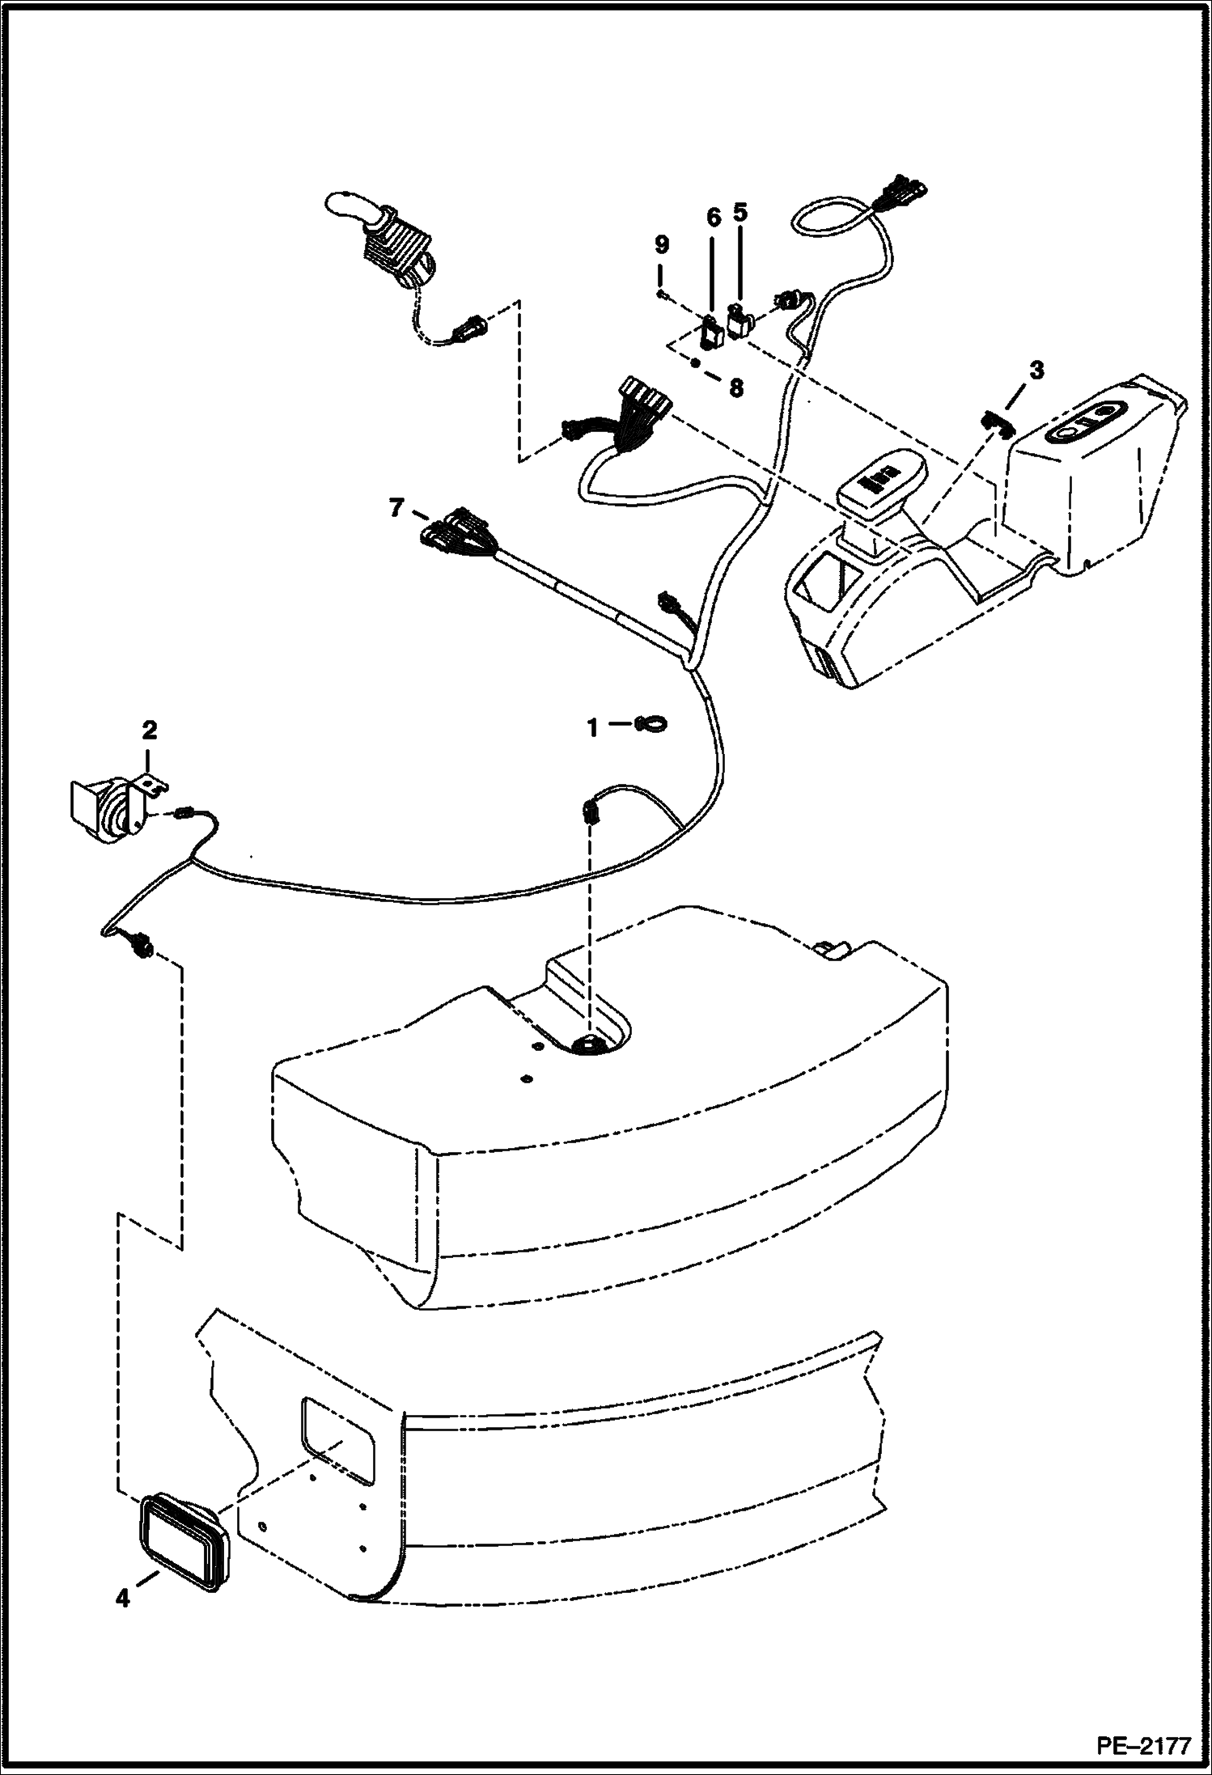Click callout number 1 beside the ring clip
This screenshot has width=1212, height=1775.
tap(593, 728)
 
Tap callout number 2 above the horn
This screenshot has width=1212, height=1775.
tap(149, 731)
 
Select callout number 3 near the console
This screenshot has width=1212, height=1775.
tap(1036, 371)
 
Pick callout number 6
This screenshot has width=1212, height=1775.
tap(713, 217)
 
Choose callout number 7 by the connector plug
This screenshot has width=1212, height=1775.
tap(395, 509)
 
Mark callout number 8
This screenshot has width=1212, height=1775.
tap(735, 389)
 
